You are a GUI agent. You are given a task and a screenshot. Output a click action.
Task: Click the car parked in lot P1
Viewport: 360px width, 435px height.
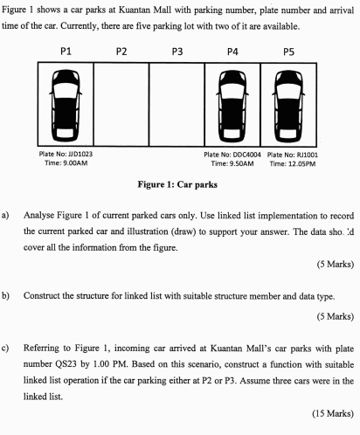pyautogui.click(x=66, y=104)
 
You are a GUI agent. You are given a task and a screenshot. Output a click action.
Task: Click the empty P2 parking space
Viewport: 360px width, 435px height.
pyautogui.click(x=121, y=104)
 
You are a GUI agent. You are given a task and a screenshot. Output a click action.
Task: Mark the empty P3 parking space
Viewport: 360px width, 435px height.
pyautogui.click(x=177, y=104)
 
